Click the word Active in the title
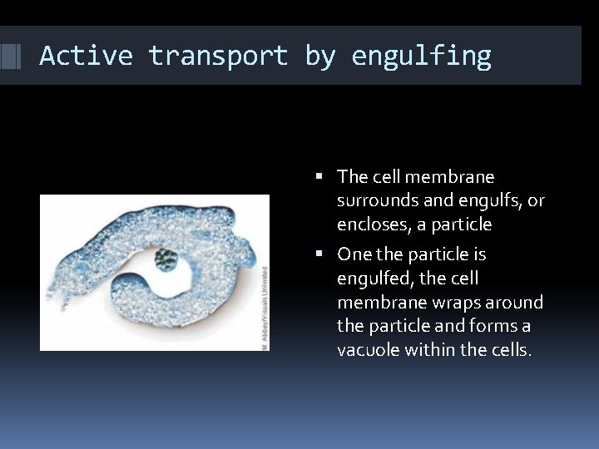[x=86, y=56]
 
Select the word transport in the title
[x=218, y=56]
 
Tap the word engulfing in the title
[x=421, y=56]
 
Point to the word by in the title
[x=319, y=56]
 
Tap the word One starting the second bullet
[x=354, y=254]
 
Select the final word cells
[x=509, y=350]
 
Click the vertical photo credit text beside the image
[x=265, y=308]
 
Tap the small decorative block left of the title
[x=10, y=56]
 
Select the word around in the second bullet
[x=518, y=302]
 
